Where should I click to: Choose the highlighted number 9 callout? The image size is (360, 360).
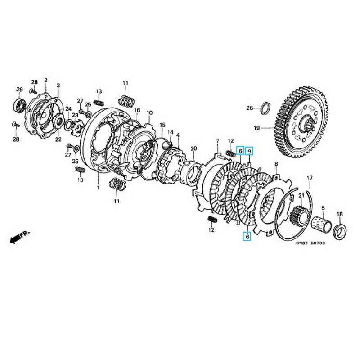[x=250, y=151]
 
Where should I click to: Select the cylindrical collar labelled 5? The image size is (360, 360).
[x=320, y=224]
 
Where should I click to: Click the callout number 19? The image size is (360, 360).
[x=256, y=128]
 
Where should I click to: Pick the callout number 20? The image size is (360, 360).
[x=193, y=148]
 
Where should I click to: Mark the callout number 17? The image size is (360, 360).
[x=310, y=179]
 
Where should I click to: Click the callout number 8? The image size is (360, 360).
[x=276, y=163]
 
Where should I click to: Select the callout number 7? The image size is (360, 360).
[x=217, y=141]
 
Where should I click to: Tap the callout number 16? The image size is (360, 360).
[x=137, y=110]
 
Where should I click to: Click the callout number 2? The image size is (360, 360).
[x=45, y=80]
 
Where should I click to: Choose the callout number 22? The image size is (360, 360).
[x=58, y=139]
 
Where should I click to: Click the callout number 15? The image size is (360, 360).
[x=162, y=125]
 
